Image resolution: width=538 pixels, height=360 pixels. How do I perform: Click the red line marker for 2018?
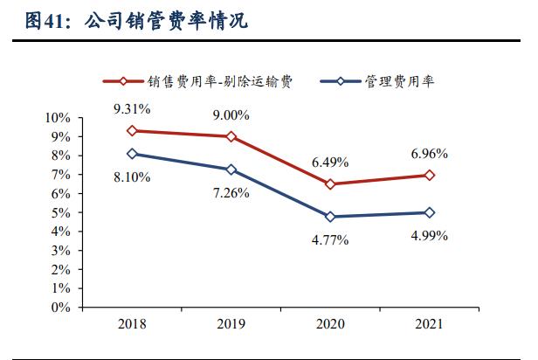132,131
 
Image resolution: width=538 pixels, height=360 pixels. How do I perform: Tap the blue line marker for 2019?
231,170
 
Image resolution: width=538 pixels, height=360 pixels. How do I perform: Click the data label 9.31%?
132,109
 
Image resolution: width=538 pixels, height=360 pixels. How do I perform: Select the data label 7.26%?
231,191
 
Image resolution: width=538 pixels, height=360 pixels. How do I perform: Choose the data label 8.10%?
132,177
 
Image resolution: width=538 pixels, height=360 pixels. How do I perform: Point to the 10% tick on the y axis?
58,118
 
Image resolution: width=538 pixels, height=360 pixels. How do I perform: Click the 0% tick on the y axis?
60,308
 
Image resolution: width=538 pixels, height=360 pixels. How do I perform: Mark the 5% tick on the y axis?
60,212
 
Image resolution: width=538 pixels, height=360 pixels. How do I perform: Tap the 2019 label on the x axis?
231,324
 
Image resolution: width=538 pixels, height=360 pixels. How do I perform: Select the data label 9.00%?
231,114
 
